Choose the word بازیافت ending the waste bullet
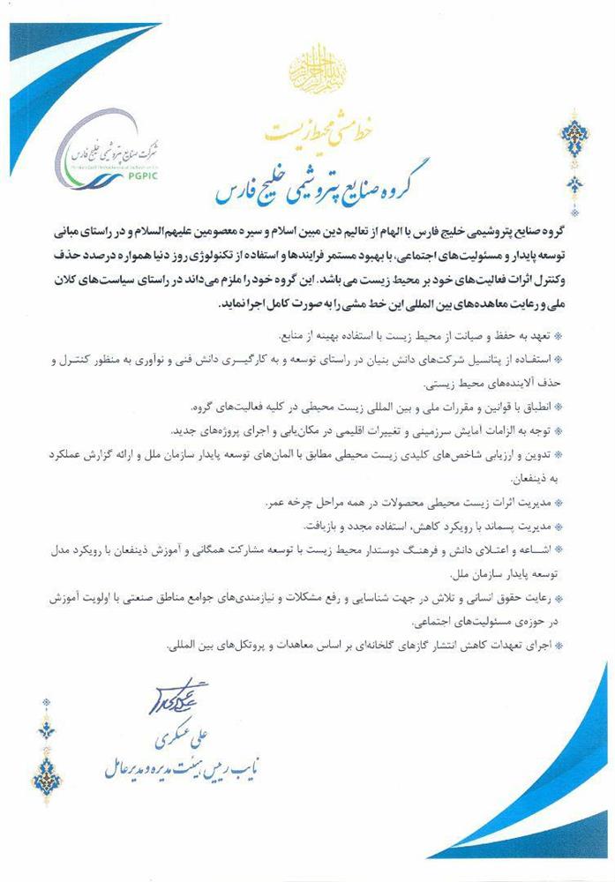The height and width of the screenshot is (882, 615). pyautogui.click(x=322, y=526)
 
